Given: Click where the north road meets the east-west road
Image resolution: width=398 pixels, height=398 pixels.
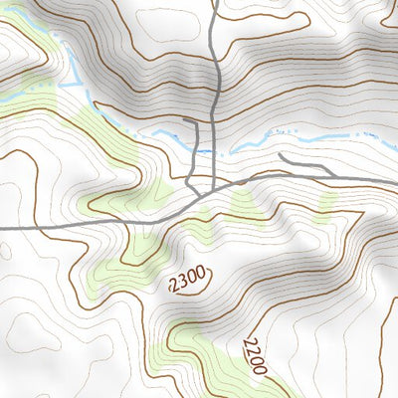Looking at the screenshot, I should (218, 186).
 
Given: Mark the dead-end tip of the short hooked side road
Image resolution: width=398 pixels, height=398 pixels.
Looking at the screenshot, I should (185, 120).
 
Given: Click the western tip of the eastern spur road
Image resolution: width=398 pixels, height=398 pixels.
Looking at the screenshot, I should (280, 155).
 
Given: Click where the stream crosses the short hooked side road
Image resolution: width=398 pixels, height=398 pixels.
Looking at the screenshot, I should (198, 150).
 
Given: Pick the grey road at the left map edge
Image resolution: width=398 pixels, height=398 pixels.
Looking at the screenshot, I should (3, 228).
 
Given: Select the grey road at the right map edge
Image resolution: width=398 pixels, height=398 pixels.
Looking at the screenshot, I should (394, 182).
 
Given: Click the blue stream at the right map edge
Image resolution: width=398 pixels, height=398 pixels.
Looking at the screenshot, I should (394, 127).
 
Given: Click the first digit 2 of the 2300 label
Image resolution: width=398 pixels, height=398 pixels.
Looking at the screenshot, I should (174, 287).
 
